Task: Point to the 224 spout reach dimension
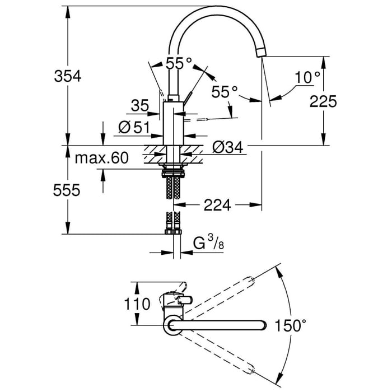pos(217,206)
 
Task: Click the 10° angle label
pos(307,78)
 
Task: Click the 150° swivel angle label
pos(291,325)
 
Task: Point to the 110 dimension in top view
pos(137,304)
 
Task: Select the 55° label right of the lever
pos(225,91)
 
